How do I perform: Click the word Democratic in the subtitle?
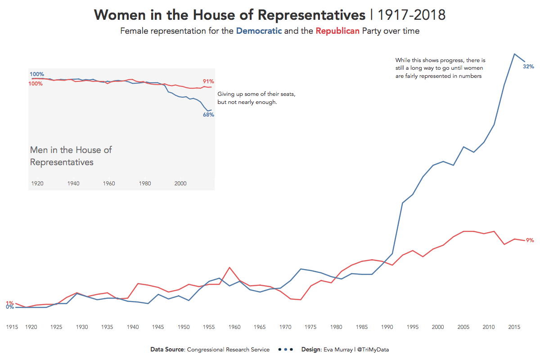259,31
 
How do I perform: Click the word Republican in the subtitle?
337,31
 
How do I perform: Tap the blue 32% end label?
528,67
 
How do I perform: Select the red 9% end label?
530,240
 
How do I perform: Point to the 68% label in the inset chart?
208,115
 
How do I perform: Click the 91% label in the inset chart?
208,81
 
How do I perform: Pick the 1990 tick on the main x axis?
386,327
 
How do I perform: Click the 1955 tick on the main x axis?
208,327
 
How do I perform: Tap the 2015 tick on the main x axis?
514,327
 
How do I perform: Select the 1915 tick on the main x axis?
12,327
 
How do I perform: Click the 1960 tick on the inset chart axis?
109,184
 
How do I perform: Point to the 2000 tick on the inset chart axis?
180,184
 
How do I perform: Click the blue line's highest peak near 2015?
514,54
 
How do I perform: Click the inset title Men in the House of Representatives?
71,156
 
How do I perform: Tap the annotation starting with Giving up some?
256,98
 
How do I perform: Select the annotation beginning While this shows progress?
440,68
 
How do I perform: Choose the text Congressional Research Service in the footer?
228,350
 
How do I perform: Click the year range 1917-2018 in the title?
412,15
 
